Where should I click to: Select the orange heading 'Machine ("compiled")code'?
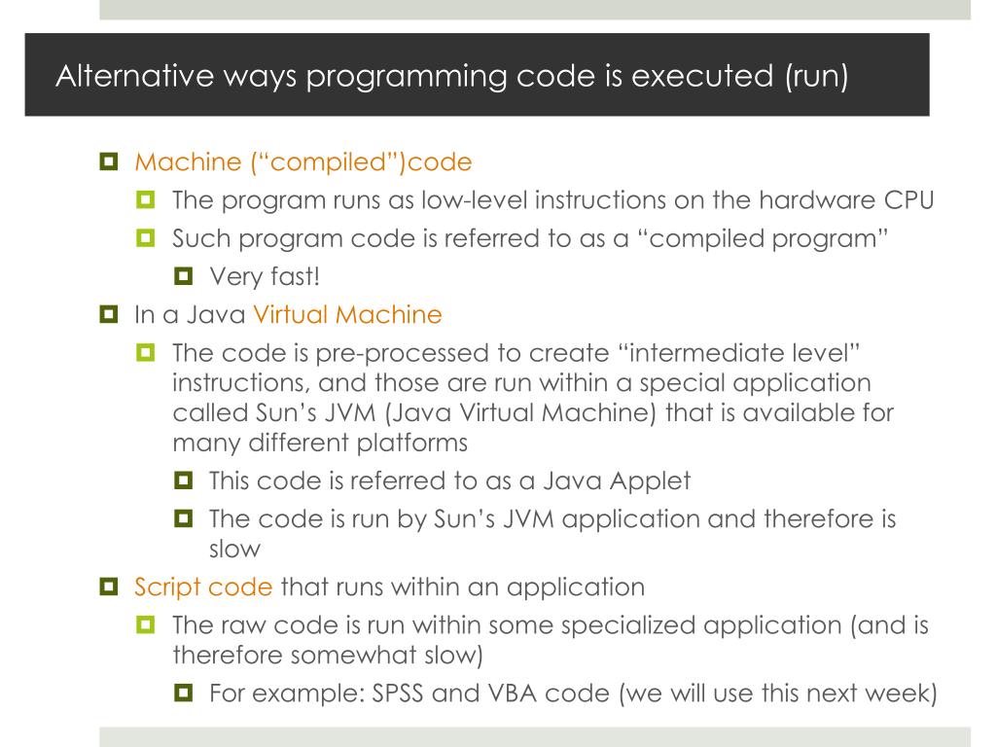302,161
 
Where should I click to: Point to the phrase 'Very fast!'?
264,277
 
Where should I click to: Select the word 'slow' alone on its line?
234,548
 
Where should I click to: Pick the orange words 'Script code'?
203,587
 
